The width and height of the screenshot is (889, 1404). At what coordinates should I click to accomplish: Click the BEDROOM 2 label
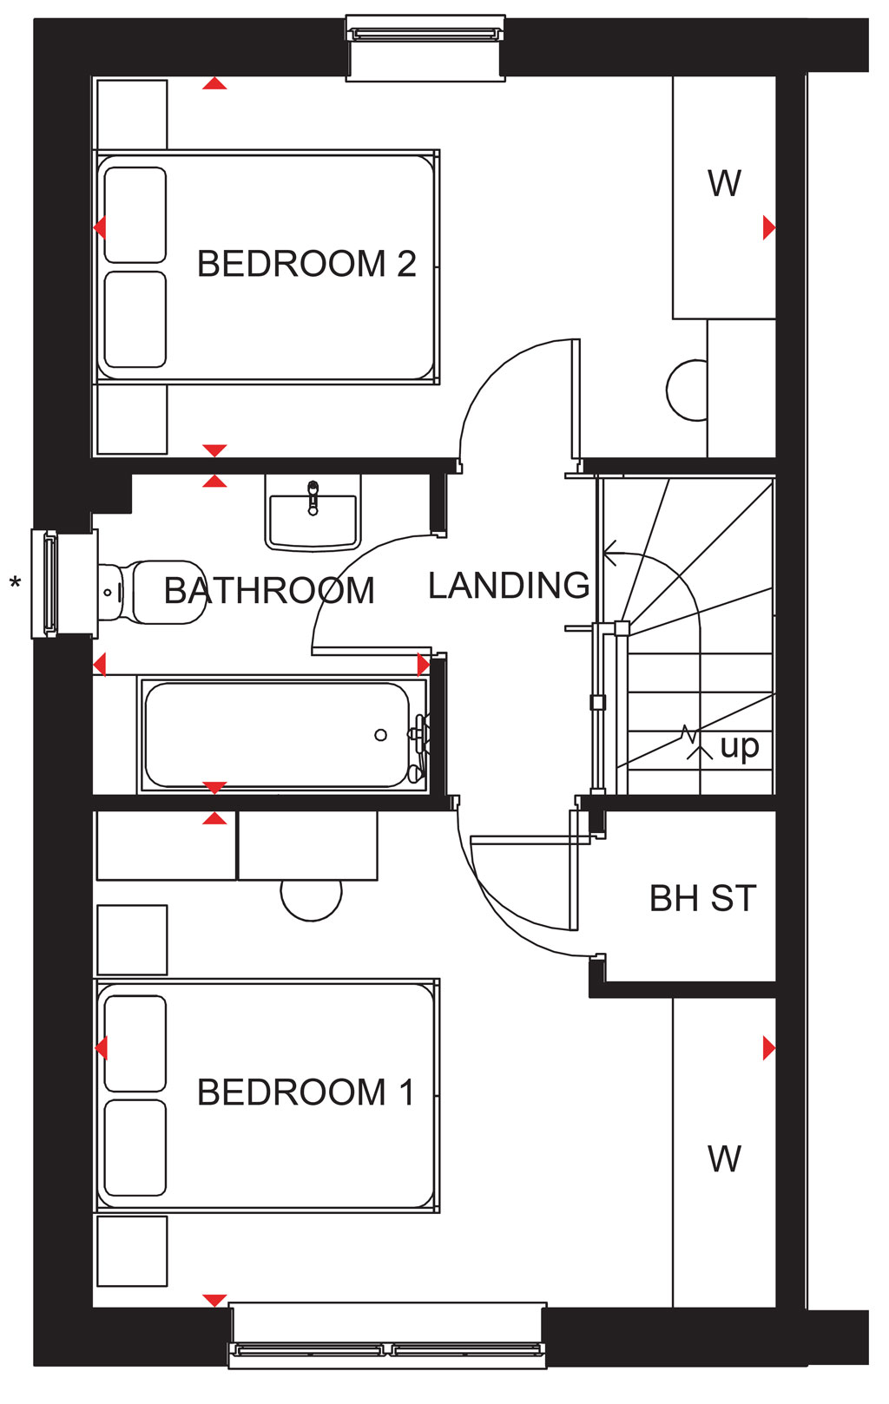pyautogui.click(x=306, y=263)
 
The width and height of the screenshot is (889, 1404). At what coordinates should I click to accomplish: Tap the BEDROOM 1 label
pyautogui.click(x=306, y=1092)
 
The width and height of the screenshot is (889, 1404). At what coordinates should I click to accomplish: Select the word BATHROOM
pyautogui.click(x=270, y=590)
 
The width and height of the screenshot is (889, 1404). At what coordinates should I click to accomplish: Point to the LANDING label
pyautogui.click(x=509, y=586)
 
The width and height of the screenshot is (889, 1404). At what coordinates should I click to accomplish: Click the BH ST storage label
pyautogui.click(x=703, y=898)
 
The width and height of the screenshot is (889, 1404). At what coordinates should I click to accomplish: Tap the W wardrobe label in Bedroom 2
pyautogui.click(x=724, y=183)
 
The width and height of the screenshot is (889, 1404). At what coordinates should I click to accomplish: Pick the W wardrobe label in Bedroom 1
pyautogui.click(x=724, y=1158)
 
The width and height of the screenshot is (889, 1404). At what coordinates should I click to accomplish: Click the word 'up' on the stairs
pyautogui.click(x=740, y=747)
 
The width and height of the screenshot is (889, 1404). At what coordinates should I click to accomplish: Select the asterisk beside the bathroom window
pyautogui.click(x=15, y=584)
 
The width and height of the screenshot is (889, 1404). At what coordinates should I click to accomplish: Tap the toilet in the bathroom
pyautogui.click(x=152, y=593)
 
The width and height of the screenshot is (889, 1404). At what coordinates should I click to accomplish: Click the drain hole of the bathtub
pyautogui.click(x=380, y=735)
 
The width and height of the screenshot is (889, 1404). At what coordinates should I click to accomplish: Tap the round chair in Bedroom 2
pyautogui.click(x=687, y=390)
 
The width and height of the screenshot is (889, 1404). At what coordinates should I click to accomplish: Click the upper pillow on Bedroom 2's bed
pyautogui.click(x=135, y=215)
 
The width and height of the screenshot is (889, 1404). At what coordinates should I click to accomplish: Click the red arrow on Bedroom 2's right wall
pyautogui.click(x=769, y=226)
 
